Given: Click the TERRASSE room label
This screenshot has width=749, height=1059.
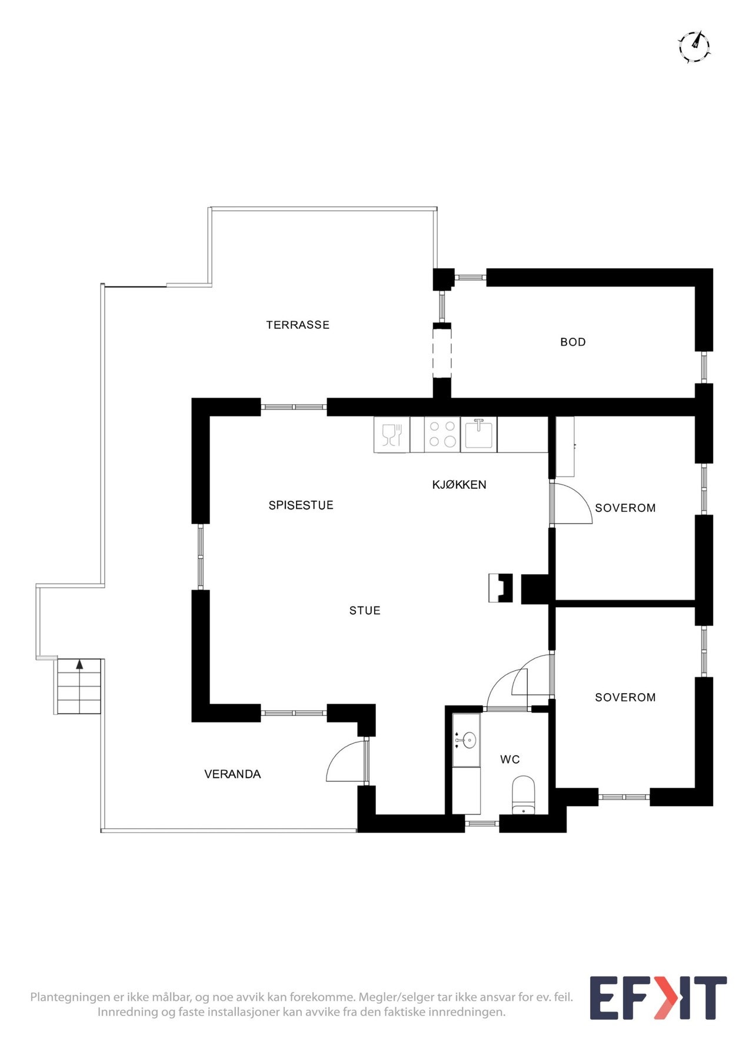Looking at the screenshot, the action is coord(298,325).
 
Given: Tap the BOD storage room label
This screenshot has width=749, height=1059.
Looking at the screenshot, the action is coord(573,342).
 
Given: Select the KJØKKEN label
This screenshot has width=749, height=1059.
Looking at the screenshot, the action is coord(459,484).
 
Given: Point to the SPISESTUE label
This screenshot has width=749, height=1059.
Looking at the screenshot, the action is coord(301,505).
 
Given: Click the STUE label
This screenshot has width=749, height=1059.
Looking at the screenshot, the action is coord(365,611).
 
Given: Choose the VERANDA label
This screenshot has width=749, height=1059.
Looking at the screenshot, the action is coord(232,774).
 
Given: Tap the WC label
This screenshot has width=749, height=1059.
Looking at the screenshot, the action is coord(510,760).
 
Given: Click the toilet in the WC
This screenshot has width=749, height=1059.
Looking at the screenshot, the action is coord(524,795).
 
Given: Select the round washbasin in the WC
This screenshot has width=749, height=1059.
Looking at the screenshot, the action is coord(469,741).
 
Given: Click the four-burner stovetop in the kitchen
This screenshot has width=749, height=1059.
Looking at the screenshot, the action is coord(442,434).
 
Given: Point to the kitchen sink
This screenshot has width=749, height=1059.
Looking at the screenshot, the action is coord(479,434).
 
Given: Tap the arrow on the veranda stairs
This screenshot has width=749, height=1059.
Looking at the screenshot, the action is coord(79,665).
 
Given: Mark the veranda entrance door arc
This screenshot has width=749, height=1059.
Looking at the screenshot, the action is coord(340,755).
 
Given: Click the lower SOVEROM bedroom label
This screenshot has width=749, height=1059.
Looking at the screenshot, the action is coord(625,697).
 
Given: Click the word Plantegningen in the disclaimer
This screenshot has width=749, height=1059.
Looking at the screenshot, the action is coord(70,997).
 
